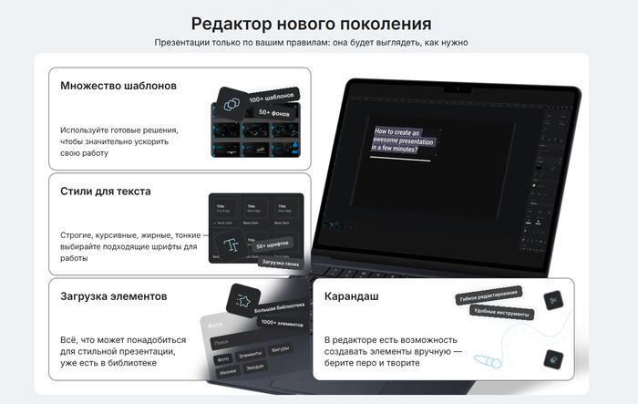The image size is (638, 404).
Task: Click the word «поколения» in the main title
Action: pos(383,23)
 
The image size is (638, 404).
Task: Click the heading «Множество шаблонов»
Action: pos(118,86)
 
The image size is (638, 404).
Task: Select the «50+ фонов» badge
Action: pos(275,112)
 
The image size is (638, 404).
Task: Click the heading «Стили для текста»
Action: pos(106,192)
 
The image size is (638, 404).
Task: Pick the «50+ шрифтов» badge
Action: pos(273,245)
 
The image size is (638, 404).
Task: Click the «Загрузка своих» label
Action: pos(279,263)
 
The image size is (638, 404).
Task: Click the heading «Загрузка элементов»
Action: pos(114,296)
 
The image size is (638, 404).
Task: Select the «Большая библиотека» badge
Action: pos(280,307)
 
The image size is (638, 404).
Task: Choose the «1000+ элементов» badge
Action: pos(282,322)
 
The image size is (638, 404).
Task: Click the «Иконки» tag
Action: pos(228,371)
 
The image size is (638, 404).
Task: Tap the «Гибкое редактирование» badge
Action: pos(488,294)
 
